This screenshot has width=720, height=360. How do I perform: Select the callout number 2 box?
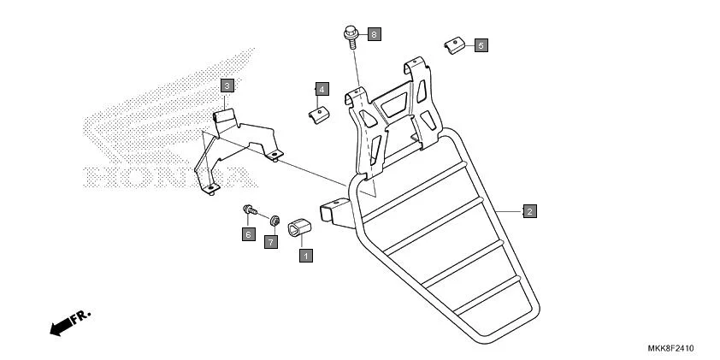click(530, 210)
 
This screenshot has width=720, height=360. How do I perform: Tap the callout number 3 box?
click(227, 86)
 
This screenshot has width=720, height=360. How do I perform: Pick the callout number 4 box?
click(322, 88)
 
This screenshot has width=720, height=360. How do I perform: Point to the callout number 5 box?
click(481, 44)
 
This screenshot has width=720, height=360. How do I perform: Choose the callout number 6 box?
click(248, 233)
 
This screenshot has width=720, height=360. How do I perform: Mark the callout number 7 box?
click(271, 242)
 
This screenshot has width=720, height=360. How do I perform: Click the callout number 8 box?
click(375, 34)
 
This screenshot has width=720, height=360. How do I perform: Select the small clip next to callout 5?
click(452, 44)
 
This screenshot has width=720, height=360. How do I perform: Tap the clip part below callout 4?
click(318, 114)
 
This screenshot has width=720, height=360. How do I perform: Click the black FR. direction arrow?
click(62, 327)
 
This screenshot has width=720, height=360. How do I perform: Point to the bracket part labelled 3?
click(239, 145)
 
